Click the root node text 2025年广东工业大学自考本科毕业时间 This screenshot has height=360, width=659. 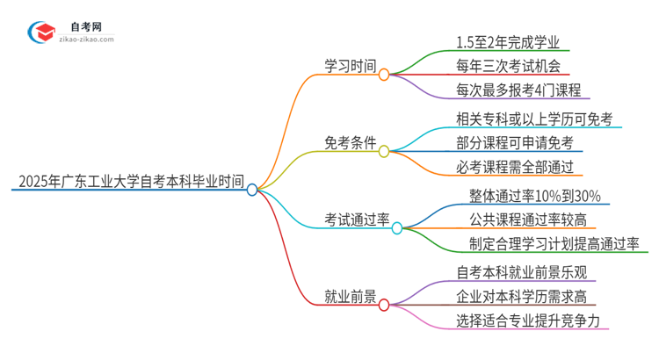click(130, 183)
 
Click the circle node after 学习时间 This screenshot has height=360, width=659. click(384, 75)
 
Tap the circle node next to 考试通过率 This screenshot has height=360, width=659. click(396, 228)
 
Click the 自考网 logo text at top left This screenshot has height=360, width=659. click(83, 26)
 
